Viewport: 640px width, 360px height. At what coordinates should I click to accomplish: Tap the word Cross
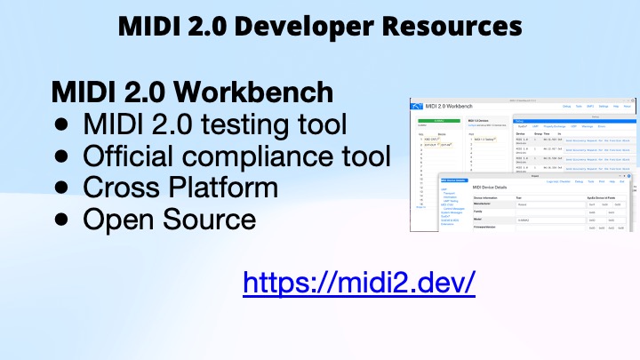118,188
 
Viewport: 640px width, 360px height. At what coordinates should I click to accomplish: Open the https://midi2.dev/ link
359,283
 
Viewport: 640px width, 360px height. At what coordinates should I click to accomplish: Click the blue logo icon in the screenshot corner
418,106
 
